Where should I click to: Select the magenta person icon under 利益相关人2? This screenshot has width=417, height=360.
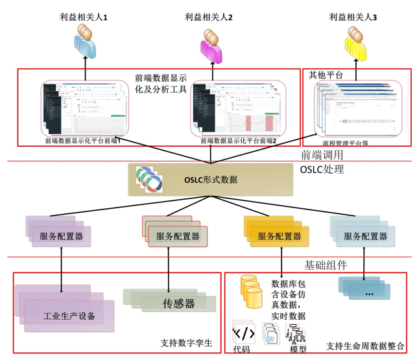click(212, 43)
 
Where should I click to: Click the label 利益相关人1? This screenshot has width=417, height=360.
click(84, 18)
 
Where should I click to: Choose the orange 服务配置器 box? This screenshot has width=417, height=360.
click(279, 236)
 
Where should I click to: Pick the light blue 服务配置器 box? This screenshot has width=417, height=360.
click(366, 236)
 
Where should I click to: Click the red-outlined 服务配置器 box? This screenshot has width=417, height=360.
click(177, 236)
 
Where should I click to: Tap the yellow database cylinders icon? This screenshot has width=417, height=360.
click(250, 291)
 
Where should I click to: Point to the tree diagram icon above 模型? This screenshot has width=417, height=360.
click(296, 333)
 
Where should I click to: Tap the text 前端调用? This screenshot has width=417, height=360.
click(322, 155)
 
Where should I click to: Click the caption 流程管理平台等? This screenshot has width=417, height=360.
click(345, 142)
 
